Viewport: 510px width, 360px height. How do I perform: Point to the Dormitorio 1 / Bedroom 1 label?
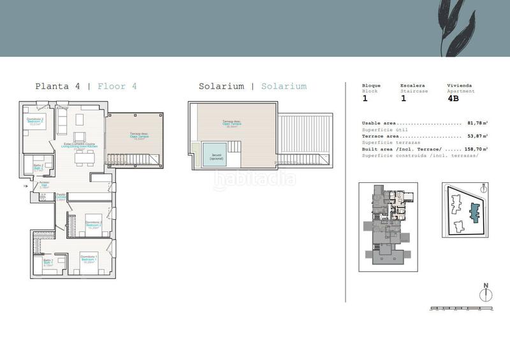[89, 259]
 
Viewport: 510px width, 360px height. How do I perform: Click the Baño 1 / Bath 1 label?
[48, 262]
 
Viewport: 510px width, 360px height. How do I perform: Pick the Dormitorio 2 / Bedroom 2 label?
[93, 224]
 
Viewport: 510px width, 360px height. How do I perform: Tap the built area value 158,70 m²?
[476, 148]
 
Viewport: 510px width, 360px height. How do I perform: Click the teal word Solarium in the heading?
[284, 86]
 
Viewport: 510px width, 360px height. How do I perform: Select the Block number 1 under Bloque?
[365, 99]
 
